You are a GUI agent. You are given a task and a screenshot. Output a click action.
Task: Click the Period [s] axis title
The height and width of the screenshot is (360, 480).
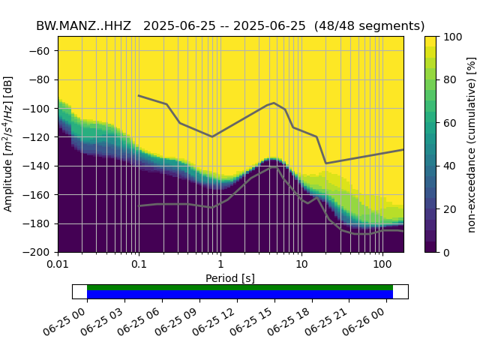pos(230,278)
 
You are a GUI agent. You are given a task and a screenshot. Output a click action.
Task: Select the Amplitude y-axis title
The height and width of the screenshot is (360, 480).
pos(10,144)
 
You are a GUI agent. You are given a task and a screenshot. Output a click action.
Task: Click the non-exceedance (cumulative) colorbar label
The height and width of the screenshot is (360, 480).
pos(471,144)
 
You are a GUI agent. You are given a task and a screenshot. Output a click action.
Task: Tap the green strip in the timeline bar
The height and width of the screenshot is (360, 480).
pos(240,287)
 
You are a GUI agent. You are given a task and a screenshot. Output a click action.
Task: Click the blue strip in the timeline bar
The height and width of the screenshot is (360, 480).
pos(240,295)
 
